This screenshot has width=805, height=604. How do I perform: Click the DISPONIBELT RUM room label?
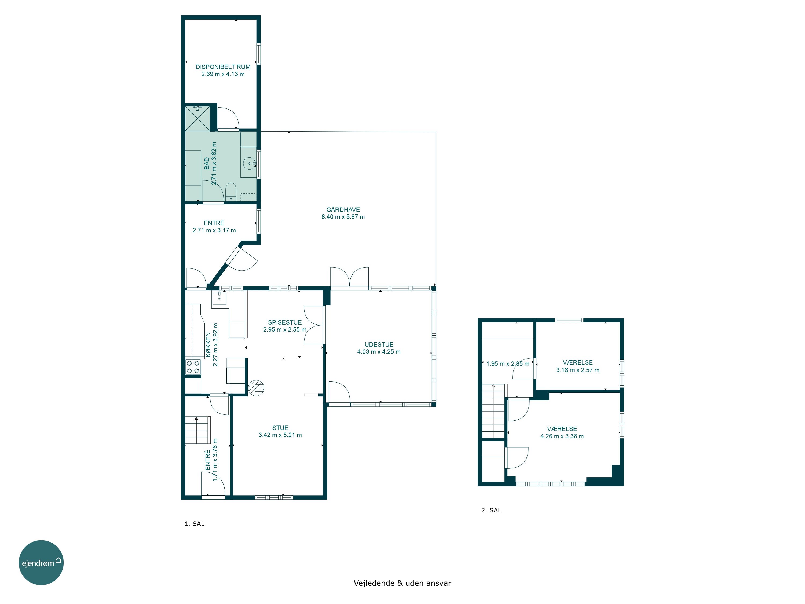click(x=223, y=67)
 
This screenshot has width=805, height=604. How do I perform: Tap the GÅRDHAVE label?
click(x=343, y=210)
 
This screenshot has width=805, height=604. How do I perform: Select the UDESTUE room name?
click(x=379, y=344)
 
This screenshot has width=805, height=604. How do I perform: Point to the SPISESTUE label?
click(x=285, y=322)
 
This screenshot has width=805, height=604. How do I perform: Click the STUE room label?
click(x=280, y=428)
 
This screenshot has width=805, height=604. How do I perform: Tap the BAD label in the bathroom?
click(x=207, y=163)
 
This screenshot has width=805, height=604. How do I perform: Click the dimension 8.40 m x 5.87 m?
click(x=343, y=217)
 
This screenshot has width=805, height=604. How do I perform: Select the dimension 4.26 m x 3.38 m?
click(x=562, y=436)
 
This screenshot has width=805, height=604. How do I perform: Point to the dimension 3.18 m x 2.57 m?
click(x=577, y=370)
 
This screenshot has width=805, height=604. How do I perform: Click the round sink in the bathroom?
click(x=249, y=163)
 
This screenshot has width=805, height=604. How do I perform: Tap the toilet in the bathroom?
click(x=231, y=192)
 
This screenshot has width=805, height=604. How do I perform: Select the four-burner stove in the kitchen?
click(x=193, y=367)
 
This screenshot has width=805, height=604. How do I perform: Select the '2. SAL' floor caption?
click(x=491, y=510)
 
